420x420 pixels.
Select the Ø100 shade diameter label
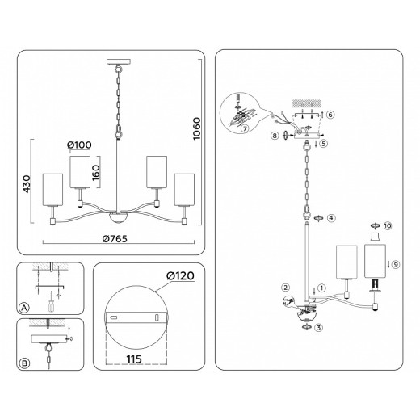click(x=80, y=145)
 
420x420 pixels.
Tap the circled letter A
click(x=23, y=308)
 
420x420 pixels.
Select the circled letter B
click(x=23, y=363)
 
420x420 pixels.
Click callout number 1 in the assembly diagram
click(x=321, y=287)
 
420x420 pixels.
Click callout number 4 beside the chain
click(x=330, y=218)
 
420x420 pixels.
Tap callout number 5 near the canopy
click(x=323, y=144)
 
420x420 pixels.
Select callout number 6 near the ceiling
click(x=330, y=115)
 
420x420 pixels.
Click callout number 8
click(x=276, y=136)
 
